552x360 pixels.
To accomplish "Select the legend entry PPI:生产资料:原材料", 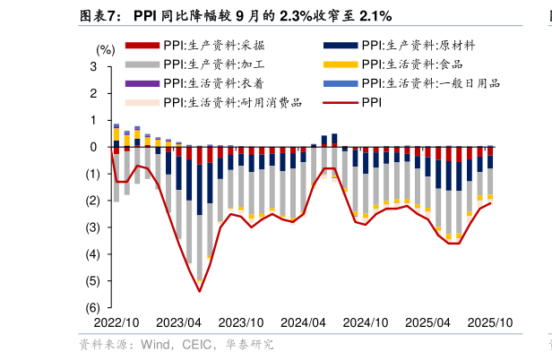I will [x=418, y=46].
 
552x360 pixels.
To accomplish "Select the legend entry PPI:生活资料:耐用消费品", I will [x=232, y=102].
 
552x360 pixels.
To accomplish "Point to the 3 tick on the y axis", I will [x=94, y=67].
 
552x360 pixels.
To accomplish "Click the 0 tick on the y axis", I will [x=94, y=147].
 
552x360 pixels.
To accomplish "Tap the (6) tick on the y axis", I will [x=91, y=307].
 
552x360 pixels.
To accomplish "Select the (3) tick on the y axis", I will [x=91, y=227].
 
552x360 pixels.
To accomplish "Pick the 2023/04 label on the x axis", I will [x=178, y=322].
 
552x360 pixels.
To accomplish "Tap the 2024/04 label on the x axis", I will [x=302, y=322].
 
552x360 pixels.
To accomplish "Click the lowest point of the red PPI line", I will [x=199, y=291].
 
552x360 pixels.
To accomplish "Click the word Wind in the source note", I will [x=156, y=344].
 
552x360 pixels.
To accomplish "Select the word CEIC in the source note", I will [x=198, y=344].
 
